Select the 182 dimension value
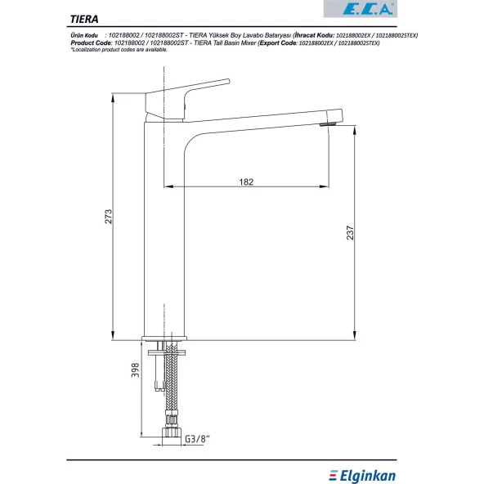246,181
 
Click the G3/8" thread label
197,439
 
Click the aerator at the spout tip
329,125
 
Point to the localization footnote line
119,50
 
